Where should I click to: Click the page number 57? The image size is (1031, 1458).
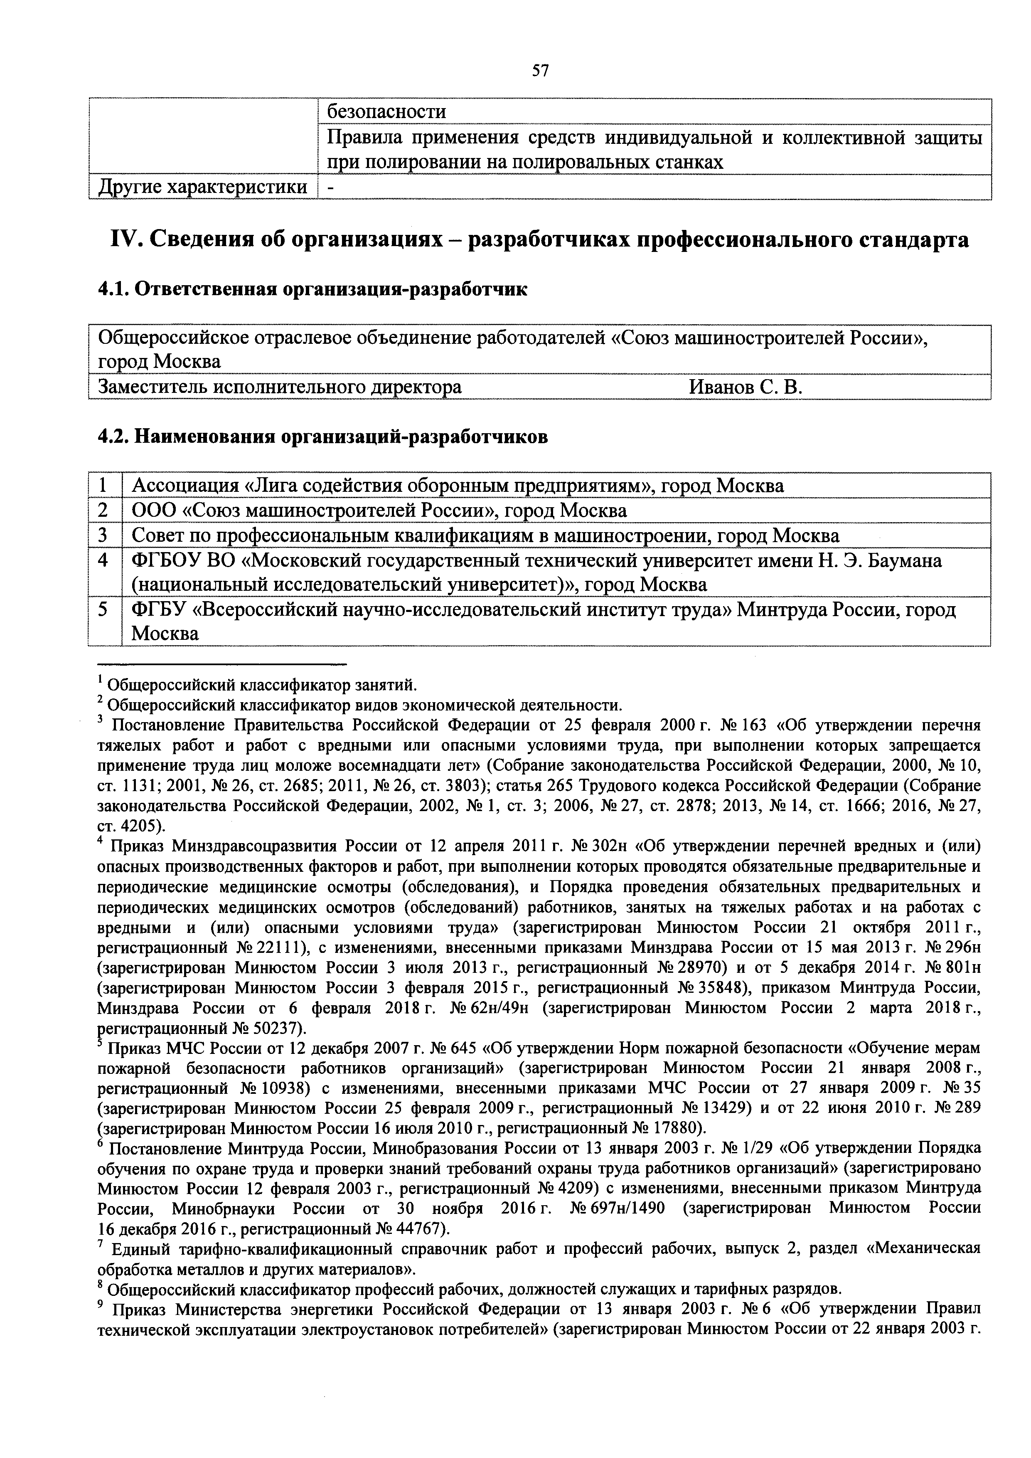pos(540,71)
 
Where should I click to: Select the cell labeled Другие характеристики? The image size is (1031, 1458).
pos(202,187)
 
